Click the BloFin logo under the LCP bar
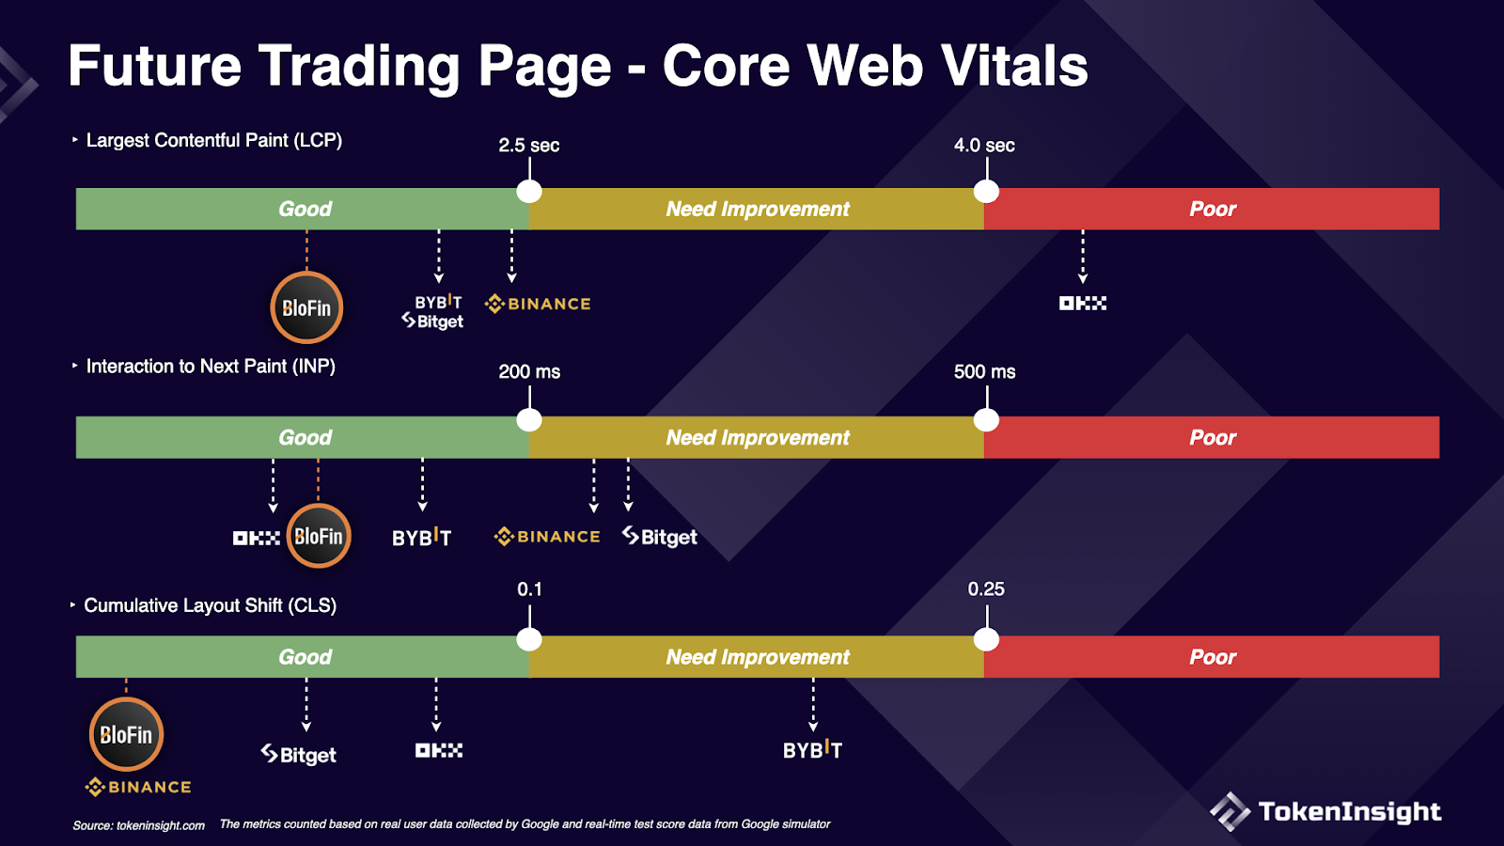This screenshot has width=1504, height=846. click(306, 308)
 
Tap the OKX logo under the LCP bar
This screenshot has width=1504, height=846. click(1082, 304)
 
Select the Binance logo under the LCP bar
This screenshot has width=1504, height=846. click(538, 305)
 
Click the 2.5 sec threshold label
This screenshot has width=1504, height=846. click(529, 145)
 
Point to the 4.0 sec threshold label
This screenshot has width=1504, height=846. click(984, 145)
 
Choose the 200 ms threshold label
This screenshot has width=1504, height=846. click(529, 371)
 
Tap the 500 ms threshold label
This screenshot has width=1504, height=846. click(984, 371)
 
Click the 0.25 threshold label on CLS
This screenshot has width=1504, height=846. click(986, 588)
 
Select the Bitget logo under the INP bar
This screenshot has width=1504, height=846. click(660, 537)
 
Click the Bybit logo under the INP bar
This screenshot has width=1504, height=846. click(422, 537)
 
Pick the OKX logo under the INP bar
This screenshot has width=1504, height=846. click(257, 538)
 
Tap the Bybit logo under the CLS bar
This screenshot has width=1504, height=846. click(812, 749)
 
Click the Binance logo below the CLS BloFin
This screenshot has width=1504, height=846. click(138, 787)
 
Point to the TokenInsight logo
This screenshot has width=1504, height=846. click(1324, 812)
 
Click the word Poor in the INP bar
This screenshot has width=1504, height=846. click(1213, 438)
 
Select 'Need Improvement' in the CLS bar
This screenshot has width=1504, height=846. click(758, 657)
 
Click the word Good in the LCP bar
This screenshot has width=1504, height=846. click(305, 209)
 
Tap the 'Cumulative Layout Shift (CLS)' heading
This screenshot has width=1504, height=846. click(211, 605)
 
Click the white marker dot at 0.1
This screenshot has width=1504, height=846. click(529, 639)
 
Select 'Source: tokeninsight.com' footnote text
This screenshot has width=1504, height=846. click(138, 825)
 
